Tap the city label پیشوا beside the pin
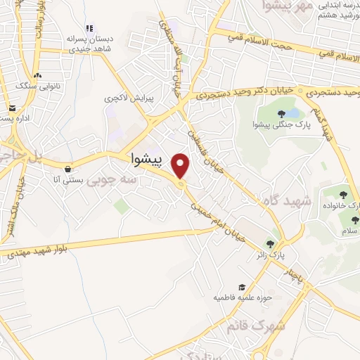146,160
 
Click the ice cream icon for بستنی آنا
67,169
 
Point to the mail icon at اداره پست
13,108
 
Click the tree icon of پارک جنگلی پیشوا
281,113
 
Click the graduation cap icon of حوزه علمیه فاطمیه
243,287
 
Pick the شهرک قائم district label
257,326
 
